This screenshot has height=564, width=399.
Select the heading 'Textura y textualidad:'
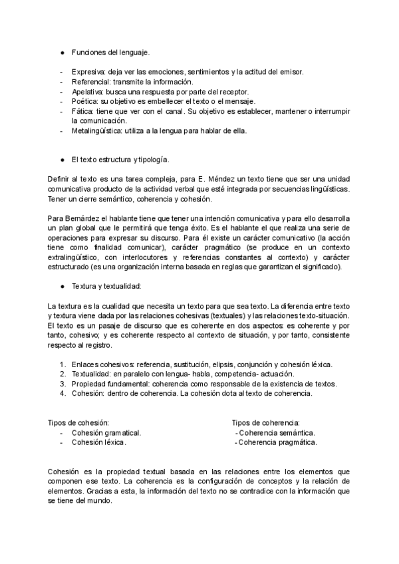tap(106, 286)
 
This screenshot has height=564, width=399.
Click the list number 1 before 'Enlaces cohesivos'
tap(62, 364)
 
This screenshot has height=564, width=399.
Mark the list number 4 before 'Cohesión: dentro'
tap(62, 393)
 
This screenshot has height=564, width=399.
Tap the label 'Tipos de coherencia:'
tap(265, 422)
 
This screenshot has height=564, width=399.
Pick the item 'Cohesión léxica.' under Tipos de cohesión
tap(98, 442)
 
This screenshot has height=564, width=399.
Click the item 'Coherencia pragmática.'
tap(278, 442)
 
